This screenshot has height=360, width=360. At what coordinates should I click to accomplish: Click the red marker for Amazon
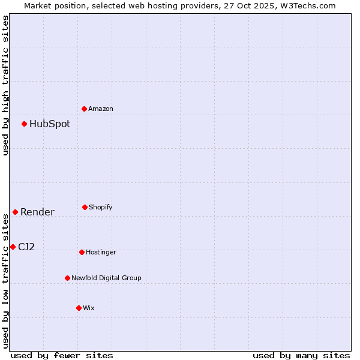[x=85, y=109]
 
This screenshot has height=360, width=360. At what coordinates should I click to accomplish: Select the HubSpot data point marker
[x=25, y=124]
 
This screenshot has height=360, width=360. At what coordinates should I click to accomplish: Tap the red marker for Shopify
[x=85, y=207]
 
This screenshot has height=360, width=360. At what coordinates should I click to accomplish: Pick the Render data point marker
[x=16, y=212]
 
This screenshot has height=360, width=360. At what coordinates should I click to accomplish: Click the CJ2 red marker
[x=13, y=247]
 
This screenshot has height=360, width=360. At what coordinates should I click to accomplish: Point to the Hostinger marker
[x=82, y=252]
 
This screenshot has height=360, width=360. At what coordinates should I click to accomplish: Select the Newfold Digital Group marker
[x=68, y=278]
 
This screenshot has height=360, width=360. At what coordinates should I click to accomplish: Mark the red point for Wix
[x=79, y=308]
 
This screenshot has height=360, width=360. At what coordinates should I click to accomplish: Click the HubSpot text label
[x=50, y=124]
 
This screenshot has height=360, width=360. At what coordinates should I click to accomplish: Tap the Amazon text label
[x=101, y=109]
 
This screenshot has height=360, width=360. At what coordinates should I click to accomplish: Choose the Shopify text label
[x=101, y=207]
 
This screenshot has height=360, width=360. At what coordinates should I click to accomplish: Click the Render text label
[x=37, y=212]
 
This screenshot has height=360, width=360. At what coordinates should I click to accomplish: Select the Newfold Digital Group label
[x=107, y=278]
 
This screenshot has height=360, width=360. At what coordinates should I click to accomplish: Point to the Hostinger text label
[x=101, y=252]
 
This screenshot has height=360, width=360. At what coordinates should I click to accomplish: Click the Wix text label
[x=89, y=308]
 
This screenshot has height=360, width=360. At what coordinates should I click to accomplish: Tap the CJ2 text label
[x=26, y=247]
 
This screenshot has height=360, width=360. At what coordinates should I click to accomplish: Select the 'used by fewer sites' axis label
[x=62, y=355]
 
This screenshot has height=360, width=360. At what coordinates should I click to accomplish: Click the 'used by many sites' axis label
[x=301, y=355]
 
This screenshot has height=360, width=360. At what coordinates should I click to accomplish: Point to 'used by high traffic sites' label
[x=5, y=85]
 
